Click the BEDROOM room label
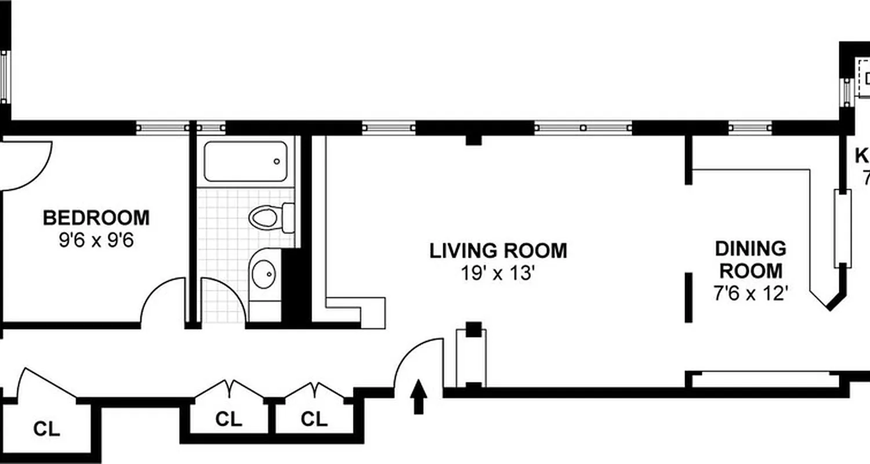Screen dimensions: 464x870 point(96,218)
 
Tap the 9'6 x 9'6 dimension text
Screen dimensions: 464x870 point(96,240)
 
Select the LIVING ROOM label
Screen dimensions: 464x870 point(498,251)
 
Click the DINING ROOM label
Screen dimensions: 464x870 point(751,259)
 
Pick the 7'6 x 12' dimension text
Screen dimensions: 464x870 point(751,293)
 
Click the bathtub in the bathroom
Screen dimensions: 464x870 point(245,161)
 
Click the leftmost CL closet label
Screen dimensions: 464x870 point(46,429)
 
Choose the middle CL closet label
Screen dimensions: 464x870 point(229,418)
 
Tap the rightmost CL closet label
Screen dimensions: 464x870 point(314,418)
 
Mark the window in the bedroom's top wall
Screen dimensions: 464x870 point(162,127)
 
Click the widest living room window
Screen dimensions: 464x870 point(583,127)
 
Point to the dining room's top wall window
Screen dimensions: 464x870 point(750,127)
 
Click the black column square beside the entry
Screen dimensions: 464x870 point(474,329)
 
